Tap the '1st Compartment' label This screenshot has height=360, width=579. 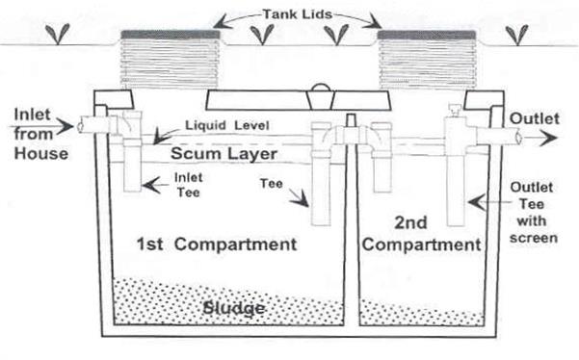tap(217, 244)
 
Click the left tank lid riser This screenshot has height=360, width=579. tap(168, 59)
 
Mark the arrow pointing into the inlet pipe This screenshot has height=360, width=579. tap(65, 125)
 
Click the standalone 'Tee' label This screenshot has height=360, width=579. tap(272, 182)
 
